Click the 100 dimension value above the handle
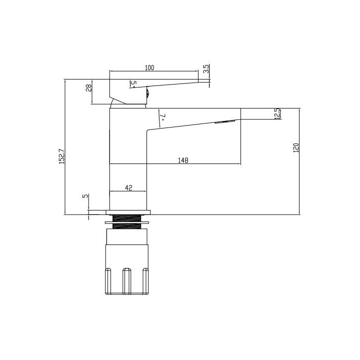coord(149,67)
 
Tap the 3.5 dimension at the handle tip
coord(205,68)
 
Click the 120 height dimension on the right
coord(295,148)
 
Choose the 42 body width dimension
coord(128,187)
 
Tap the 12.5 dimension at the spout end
coord(276,113)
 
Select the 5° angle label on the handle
coord(133,83)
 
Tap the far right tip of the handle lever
coord(209,81)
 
